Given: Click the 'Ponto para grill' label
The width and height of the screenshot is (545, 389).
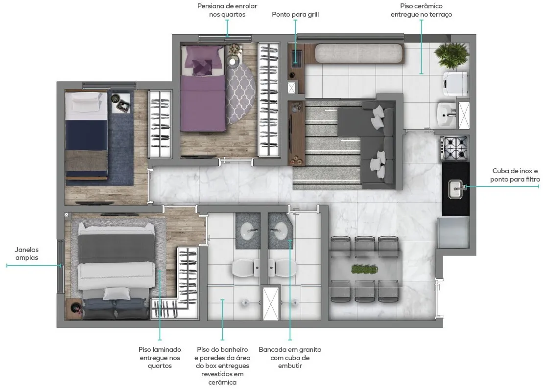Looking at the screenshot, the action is point(295,15).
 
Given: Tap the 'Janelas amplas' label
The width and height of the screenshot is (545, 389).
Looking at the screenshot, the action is point(27,253).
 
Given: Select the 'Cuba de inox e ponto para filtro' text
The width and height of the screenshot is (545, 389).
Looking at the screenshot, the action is point(515,175).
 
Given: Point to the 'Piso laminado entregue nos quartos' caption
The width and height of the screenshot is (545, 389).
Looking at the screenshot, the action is point(160,357).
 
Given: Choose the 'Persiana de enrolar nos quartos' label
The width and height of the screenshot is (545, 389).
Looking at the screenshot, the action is point(227,10).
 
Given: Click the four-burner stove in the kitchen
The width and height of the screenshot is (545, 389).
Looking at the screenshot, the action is point(454,147).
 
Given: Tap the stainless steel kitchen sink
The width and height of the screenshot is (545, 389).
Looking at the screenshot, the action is point(455,189).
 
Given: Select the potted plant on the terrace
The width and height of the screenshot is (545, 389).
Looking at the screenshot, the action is point(451,55).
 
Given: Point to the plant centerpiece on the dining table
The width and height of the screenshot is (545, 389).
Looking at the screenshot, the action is point(364,269).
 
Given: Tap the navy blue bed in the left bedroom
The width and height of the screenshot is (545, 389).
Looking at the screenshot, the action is point(87,136).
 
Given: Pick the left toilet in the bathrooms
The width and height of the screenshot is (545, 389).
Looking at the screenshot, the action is point(245,268).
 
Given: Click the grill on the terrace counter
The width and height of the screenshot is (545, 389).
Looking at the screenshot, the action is point(296,58).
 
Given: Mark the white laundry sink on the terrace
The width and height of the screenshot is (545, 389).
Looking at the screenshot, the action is point(446,114).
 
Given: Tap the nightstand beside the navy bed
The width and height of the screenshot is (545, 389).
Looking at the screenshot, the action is point(121,103).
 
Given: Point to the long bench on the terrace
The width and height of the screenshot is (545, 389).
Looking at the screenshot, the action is point(359,53).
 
